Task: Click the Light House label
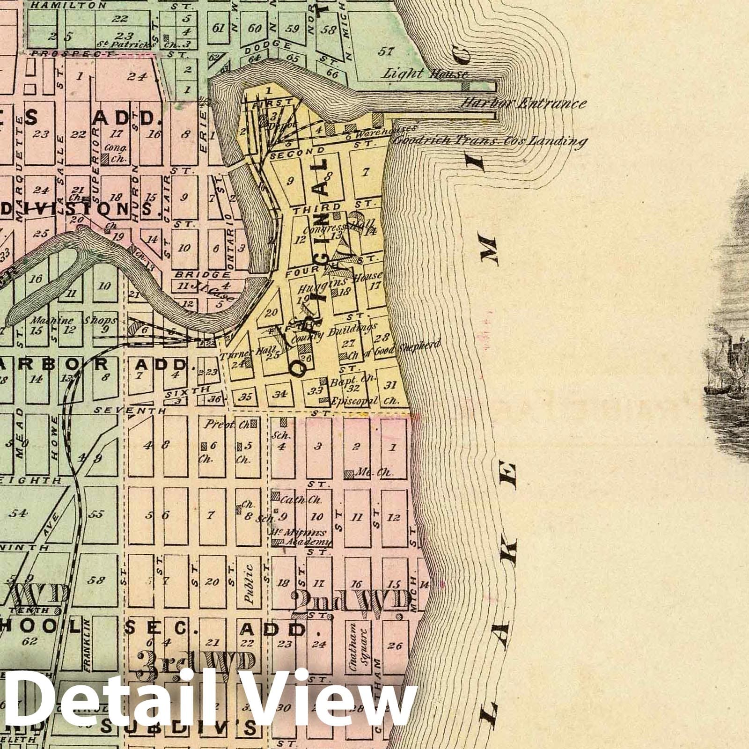[425, 73]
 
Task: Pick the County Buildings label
[333, 333]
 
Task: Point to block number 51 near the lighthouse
[386, 51]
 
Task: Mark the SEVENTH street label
[130, 411]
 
